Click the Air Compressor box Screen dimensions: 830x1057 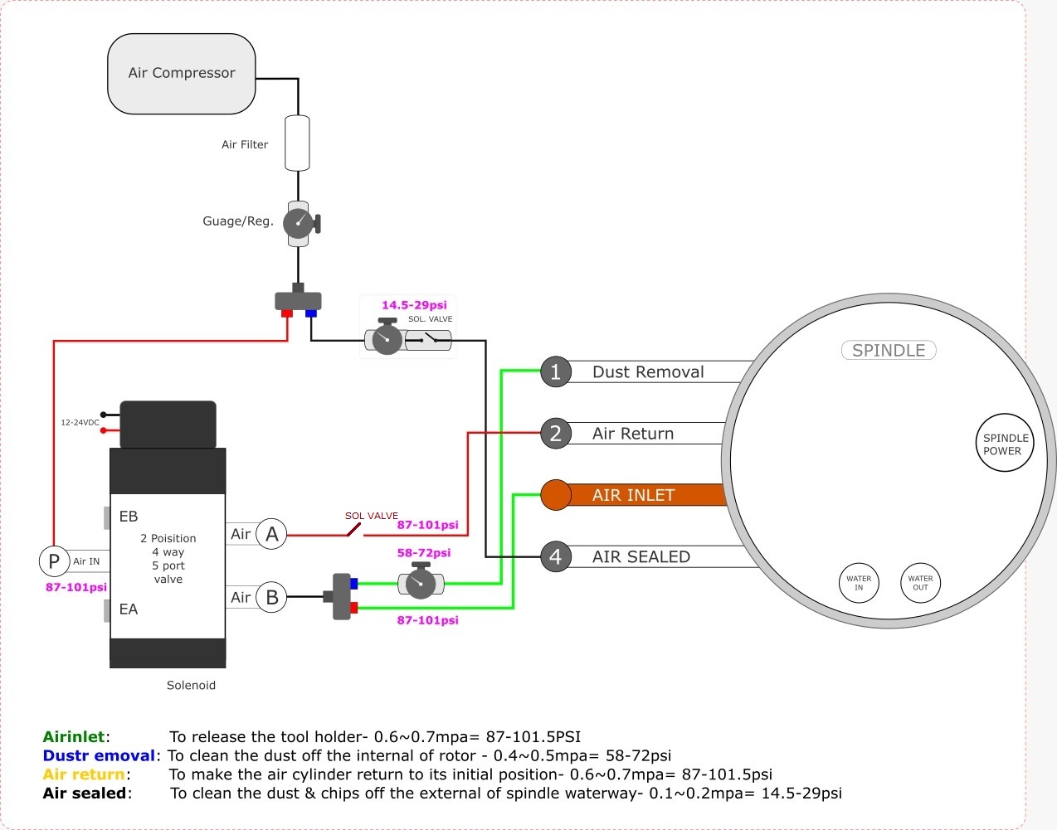click(x=182, y=74)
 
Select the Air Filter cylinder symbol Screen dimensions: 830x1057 click(x=297, y=143)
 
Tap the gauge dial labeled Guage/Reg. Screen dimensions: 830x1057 click(x=298, y=223)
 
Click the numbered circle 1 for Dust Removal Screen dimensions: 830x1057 click(x=555, y=371)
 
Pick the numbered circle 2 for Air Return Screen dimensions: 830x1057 click(x=555, y=433)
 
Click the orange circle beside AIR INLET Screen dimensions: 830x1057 click(x=555, y=495)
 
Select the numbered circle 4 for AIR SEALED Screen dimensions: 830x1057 click(x=555, y=556)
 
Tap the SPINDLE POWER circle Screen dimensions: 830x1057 click(x=1005, y=444)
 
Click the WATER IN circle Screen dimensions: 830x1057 click(x=859, y=583)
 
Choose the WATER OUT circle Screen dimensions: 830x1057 click(x=920, y=583)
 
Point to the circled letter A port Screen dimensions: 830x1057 click(x=271, y=534)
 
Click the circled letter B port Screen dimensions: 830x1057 click(x=271, y=597)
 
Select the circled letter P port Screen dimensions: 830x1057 click(x=54, y=561)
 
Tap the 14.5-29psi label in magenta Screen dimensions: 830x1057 click(x=414, y=305)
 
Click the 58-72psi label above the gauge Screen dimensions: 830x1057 click(x=423, y=552)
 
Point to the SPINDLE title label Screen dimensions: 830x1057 click(x=889, y=350)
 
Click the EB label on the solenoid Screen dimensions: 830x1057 click(x=129, y=517)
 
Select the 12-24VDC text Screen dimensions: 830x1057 click(x=80, y=423)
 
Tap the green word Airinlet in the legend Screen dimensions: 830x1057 click(x=74, y=736)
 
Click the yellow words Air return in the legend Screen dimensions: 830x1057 click(x=84, y=774)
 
